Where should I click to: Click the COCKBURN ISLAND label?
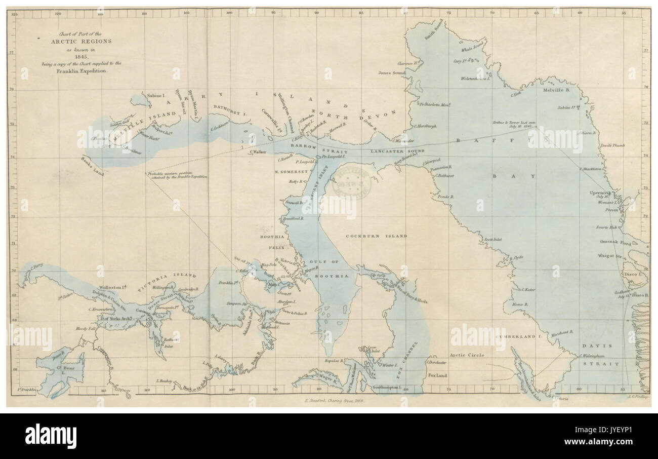tap(376, 236)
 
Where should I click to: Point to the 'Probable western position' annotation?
tap(178, 176)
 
